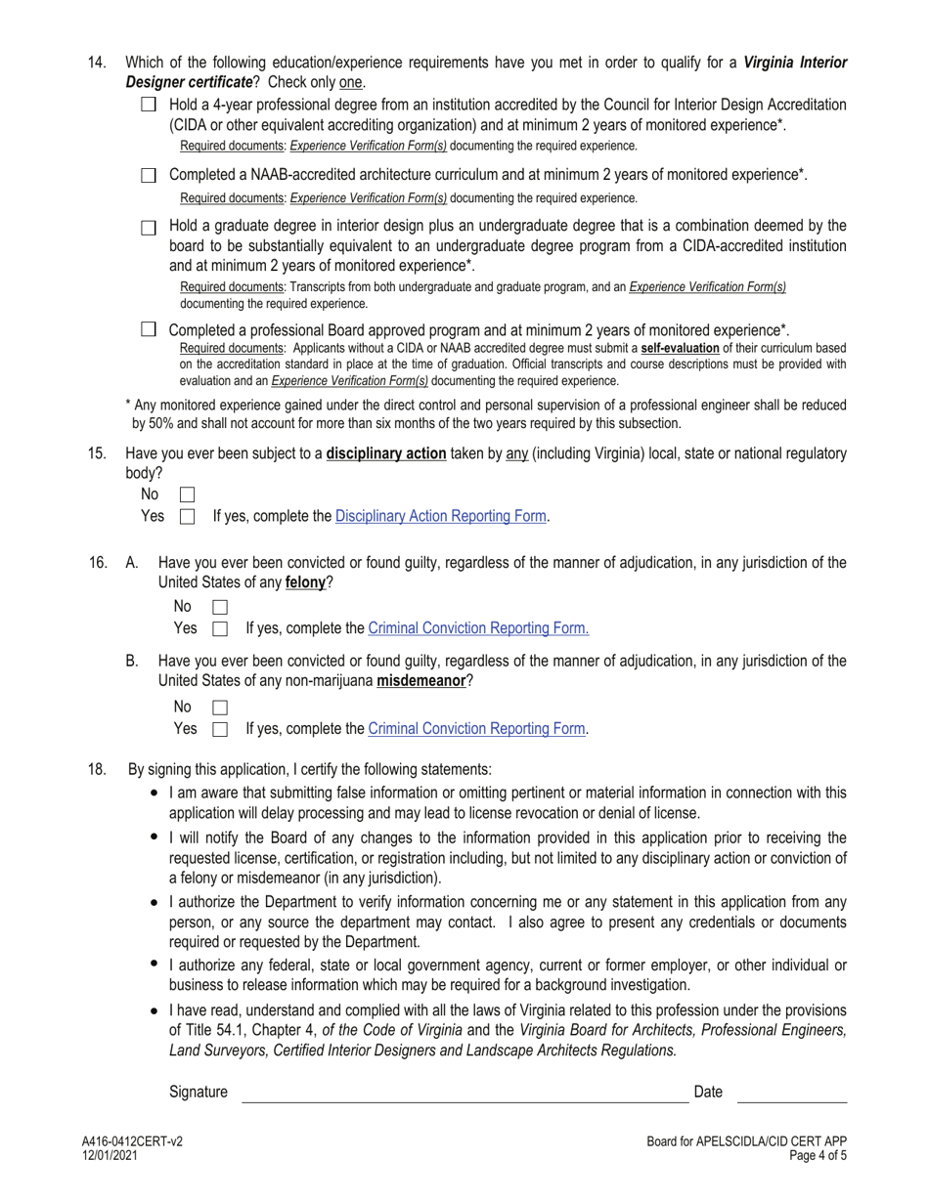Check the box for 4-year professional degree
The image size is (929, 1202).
[x=149, y=105]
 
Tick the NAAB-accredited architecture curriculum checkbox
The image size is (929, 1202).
[x=149, y=176]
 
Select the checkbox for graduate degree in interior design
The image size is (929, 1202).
[x=149, y=228]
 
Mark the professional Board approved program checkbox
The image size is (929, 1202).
[x=149, y=329]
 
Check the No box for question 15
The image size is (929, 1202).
[x=188, y=495]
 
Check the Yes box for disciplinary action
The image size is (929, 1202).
[x=188, y=516]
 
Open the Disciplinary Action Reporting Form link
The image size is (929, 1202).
[x=440, y=516]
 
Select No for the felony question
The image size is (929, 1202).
[x=220, y=608]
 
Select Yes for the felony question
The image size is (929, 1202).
[x=220, y=628]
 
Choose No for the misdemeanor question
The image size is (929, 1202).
[x=220, y=708]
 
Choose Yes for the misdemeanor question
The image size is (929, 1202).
[x=220, y=728]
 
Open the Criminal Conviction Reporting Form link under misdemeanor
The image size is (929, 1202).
[x=476, y=728]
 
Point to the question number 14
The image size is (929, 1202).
[x=97, y=63]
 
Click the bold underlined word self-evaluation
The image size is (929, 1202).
[x=680, y=348]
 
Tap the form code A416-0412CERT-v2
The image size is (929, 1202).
[x=132, y=1141]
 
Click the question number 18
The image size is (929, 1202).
[x=97, y=769]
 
